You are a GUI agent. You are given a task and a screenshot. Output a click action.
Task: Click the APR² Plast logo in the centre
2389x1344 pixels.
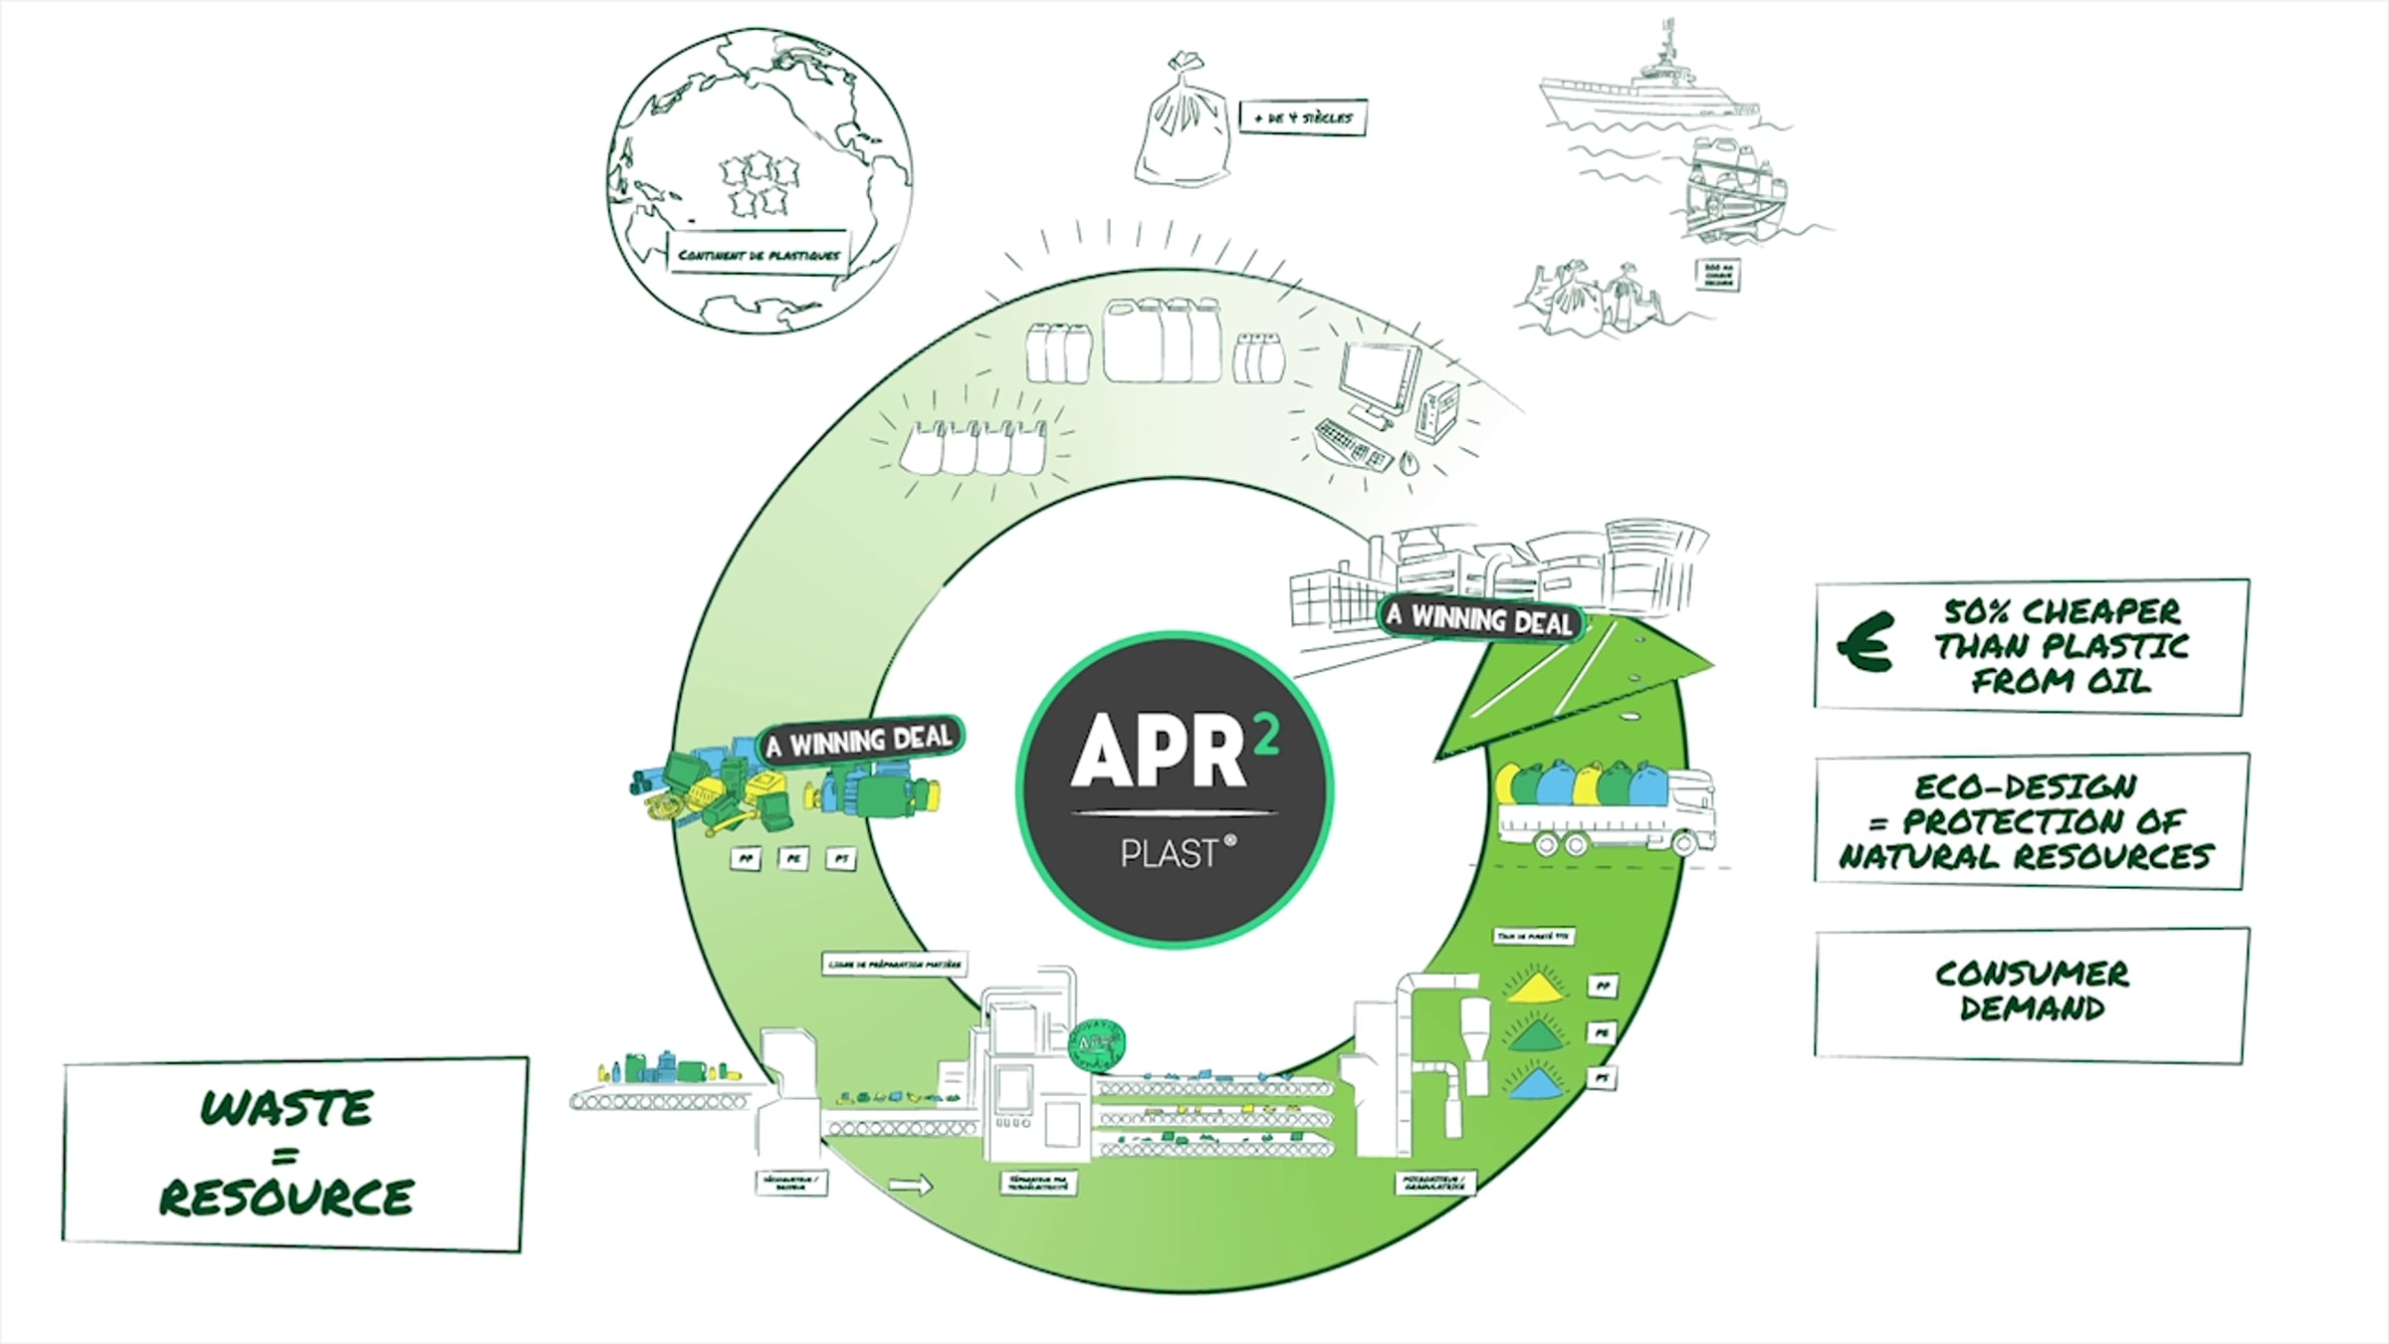coord(1175,789)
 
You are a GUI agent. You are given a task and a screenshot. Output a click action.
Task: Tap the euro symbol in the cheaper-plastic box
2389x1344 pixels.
coord(1865,643)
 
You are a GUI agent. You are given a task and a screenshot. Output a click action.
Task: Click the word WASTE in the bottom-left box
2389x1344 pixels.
coord(288,1108)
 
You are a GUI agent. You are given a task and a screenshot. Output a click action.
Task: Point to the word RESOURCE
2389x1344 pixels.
coord(287,1198)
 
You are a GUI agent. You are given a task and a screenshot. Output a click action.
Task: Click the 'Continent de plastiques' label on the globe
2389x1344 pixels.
coord(759,255)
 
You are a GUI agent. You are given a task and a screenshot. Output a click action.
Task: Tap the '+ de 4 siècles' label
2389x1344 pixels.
coord(1303,117)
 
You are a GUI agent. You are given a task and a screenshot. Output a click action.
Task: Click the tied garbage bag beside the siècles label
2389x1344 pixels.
coord(1184,124)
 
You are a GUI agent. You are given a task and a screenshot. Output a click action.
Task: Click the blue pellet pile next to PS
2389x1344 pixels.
coord(1536,1081)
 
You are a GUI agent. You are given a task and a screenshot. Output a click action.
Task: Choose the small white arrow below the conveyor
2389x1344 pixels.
coord(910,1185)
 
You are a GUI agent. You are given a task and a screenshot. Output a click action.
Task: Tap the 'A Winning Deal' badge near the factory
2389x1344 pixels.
coord(1479,619)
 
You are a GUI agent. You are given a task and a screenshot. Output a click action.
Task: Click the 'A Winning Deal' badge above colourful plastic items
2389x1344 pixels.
coord(861,740)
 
